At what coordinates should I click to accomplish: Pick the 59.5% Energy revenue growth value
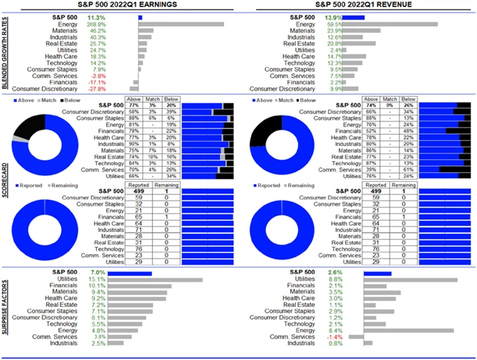[354, 24]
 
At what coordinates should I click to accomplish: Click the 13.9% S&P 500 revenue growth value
[354, 16]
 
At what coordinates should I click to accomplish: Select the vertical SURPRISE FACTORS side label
[6, 311]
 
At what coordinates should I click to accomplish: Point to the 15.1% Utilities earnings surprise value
[98, 280]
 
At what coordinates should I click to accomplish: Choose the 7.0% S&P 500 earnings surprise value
[98, 273]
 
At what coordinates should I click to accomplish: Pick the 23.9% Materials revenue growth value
[354, 31]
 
